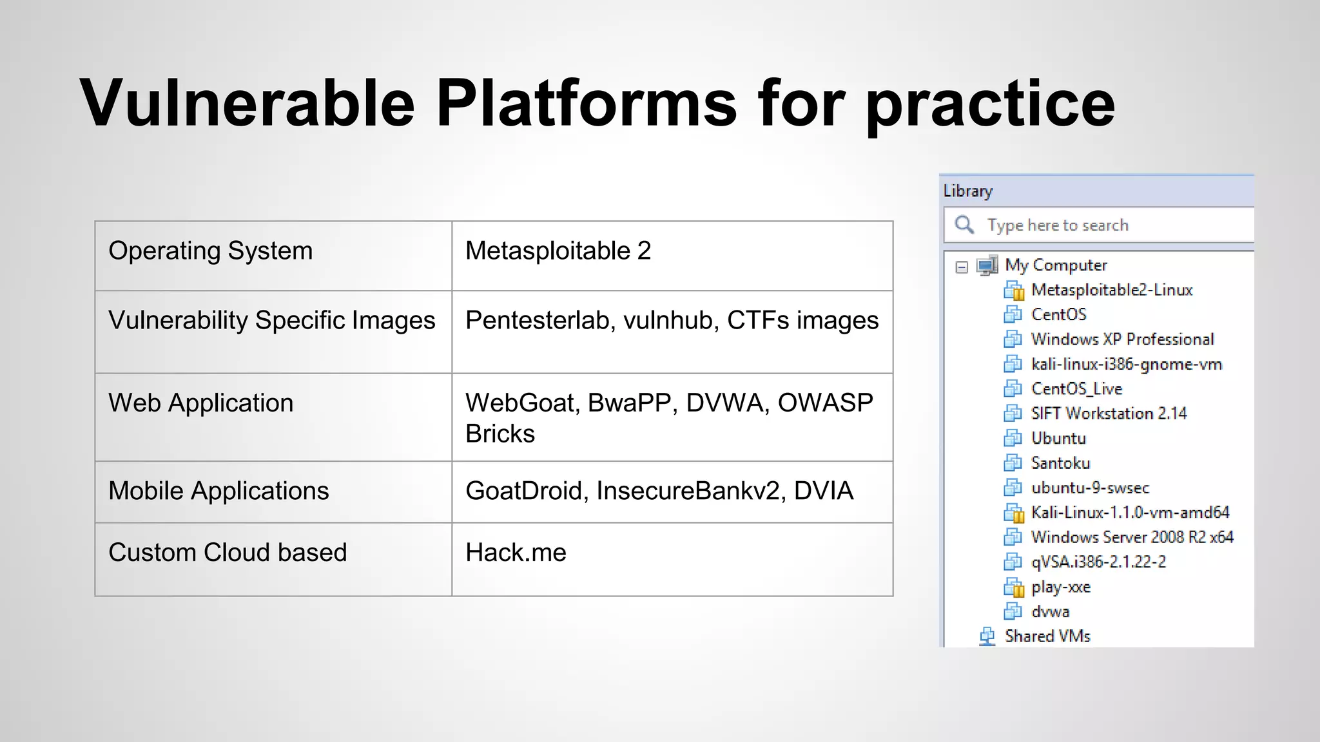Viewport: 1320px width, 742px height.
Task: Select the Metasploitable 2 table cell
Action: click(x=558, y=251)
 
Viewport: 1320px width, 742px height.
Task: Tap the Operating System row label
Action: click(x=210, y=251)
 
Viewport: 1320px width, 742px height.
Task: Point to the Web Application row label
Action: click(x=200, y=403)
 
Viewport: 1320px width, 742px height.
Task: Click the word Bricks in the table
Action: click(x=500, y=434)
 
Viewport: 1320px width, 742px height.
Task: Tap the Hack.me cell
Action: click(x=516, y=553)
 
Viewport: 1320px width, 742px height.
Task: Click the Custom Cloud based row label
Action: click(x=228, y=553)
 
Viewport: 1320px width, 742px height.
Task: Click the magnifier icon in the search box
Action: click(x=964, y=224)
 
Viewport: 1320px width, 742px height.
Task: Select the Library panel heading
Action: click(x=968, y=191)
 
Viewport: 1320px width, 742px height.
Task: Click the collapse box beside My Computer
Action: click(x=962, y=267)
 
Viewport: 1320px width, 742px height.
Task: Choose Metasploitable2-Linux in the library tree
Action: click(x=1111, y=290)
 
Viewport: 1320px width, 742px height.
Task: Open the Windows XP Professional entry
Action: click(x=1121, y=339)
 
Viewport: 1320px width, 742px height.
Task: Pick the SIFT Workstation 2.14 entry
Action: click(x=1109, y=414)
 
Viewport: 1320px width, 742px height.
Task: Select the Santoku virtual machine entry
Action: click(x=1060, y=463)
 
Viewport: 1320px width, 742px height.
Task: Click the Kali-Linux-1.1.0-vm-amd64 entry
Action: click(x=1130, y=513)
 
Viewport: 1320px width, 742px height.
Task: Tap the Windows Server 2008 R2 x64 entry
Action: click(x=1132, y=537)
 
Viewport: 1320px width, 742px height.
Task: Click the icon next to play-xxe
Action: click(x=1014, y=587)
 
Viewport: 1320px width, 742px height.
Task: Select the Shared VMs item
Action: click(x=1047, y=636)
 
